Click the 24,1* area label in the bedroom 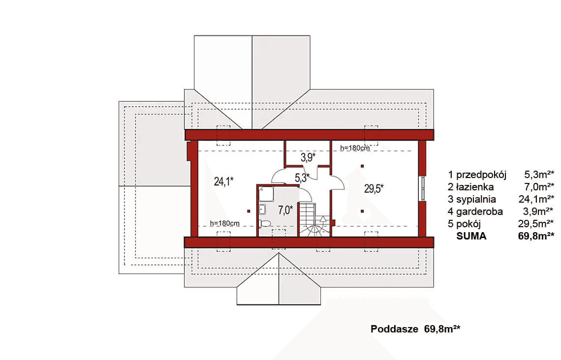(x=223, y=181)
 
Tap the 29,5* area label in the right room (x=374, y=188)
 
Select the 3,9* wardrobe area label (x=308, y=157)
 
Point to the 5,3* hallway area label (x=302, y=178)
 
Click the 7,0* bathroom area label (x=285, y=210)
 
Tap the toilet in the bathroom (x=265, y=224)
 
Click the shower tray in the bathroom (x=266, y=194)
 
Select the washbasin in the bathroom (x=262, y=210)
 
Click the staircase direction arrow (x=323, y=222)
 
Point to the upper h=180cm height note (x=354, y=148)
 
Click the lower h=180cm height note (x=225, y=223)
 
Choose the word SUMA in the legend (x=471, y=236)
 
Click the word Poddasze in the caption (x=394, y=329)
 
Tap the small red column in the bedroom (x=249, y=211)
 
